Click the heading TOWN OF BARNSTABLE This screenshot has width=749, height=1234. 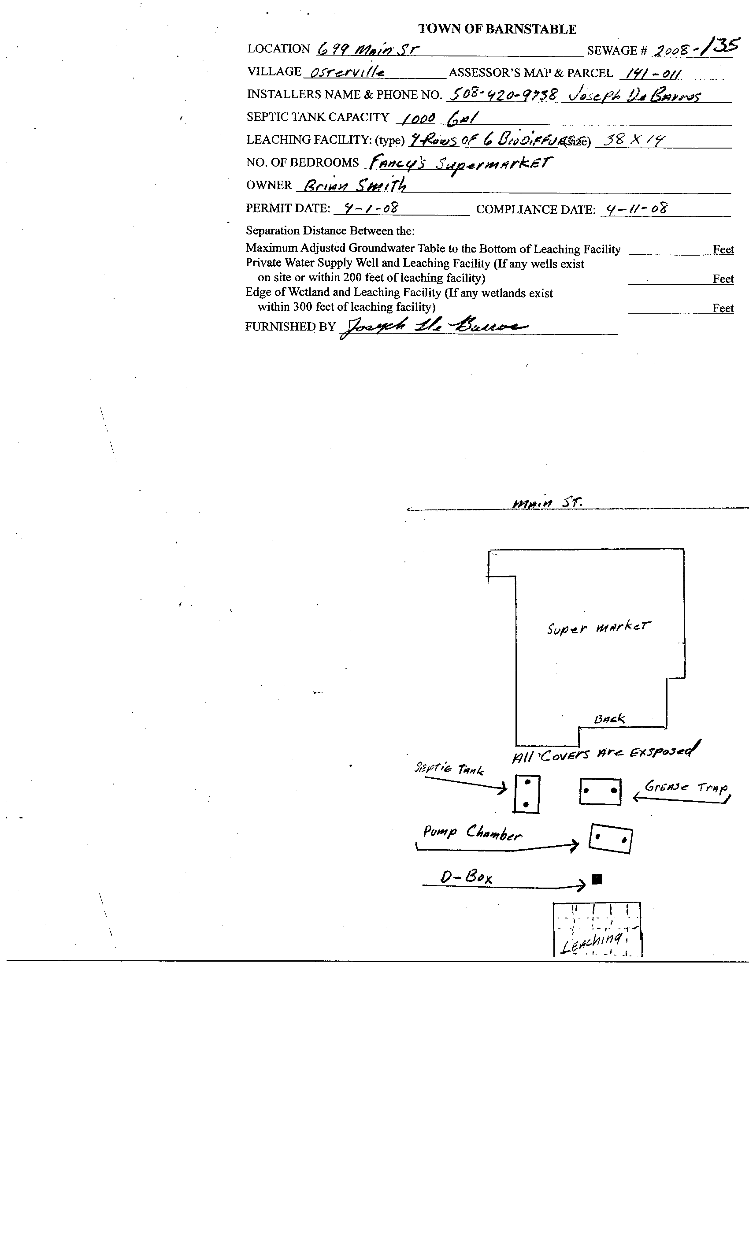(497, 29)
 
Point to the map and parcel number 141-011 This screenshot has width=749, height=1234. (650, 74)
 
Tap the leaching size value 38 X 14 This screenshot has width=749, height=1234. (633, 140)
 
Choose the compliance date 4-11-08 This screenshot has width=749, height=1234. (636, 208)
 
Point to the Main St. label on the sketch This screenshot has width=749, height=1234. (547, 502)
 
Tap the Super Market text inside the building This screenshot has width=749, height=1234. (598, 628)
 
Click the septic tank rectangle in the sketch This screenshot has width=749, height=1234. (527, 794)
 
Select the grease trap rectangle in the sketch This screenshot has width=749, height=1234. (600, 791)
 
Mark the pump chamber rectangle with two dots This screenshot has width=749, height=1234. (610, 838)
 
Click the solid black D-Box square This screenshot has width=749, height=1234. (597, 879)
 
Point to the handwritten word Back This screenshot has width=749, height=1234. (609, 719)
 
